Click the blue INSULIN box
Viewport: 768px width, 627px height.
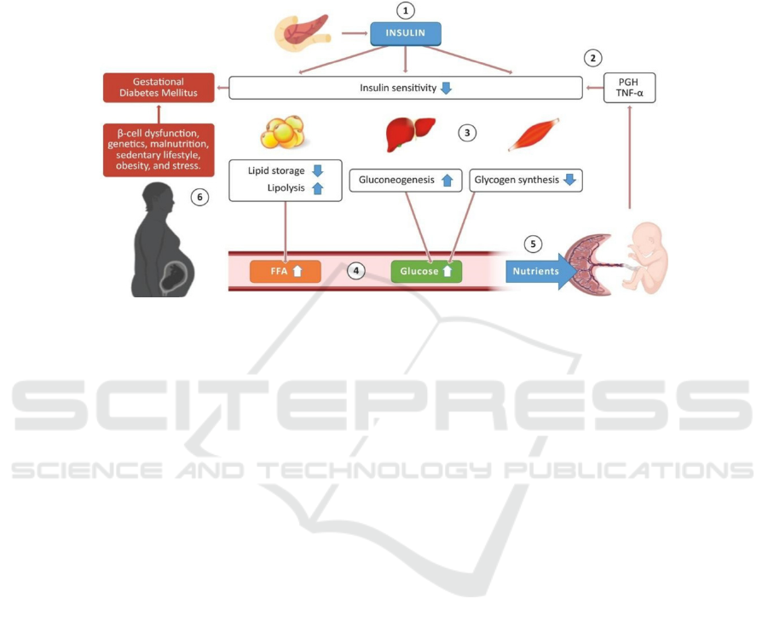[406, 34]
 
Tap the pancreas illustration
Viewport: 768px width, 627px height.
[302, 32]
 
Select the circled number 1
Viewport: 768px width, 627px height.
[405, 10]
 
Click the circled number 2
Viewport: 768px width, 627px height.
[592, 58]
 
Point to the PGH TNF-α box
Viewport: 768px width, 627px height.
[629, 88]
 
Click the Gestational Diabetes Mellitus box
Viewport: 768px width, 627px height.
[159, 88]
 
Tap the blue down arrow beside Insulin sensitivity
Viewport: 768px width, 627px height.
[446, 88]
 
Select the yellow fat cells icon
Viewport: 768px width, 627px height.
[283, 132]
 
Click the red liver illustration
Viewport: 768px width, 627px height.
[411, 134]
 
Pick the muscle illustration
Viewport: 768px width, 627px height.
[534, 135]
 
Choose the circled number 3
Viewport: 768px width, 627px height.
[467, 133]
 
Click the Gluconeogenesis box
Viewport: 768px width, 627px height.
[406, 180]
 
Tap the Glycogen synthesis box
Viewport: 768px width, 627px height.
[526, 180]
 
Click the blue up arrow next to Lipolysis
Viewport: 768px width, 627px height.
[318, 188]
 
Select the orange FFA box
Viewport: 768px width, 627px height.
[286, 271]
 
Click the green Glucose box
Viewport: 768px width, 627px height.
[426, 271]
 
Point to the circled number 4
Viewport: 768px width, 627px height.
[356, 271]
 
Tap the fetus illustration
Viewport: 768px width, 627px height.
[644, 258]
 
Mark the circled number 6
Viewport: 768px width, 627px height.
[199, 198]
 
